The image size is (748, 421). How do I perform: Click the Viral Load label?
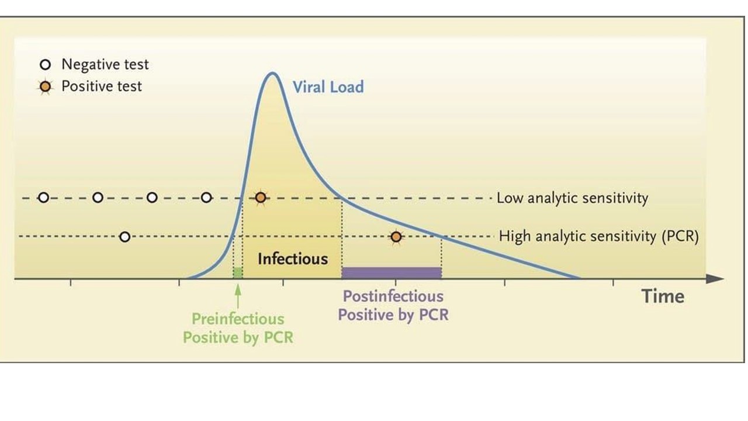pyautogui.click(x=328, y=87)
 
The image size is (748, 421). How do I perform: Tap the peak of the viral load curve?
pyautogui.click(x=272, y=73)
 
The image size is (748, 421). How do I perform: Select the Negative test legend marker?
pyautogui.click(x=46, y=64)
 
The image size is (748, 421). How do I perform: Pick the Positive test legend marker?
pyautogui.click(x=46, y=87)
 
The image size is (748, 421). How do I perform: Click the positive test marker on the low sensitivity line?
pyautogui.click(x=261, y=198)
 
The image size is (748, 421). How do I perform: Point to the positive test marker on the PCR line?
pyautogui.click(x=396, y=237)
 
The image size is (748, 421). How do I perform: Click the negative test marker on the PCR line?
pyautogui.click(x=125, y=237)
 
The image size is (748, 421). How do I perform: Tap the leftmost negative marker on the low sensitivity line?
pyautogui.click(x=43, y=198)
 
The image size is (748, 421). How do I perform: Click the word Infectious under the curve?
pyautogui.click(x=293, y=259)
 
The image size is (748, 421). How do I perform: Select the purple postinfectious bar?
pyautogui.click(x=392, y=272)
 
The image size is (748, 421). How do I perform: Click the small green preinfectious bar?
pyautogui.click(x=238, y=272)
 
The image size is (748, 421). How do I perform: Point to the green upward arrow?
pyautogui.click(x=238, y=296)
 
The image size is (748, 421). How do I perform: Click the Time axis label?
pyautogui.click(x=663, y=296)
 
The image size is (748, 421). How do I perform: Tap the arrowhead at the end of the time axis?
pyautogui.click(x=723, y=278)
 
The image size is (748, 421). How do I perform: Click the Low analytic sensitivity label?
pyautogui.click(x=572, y=198)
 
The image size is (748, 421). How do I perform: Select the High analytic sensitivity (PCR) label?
pyautogui.click(x=599, y=237)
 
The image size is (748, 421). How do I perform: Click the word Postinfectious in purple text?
pyautogui.click(x=393, y=296)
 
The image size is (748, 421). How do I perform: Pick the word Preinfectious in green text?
pyautogui.click(x=238, y=319)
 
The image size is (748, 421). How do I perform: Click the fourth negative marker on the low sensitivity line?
pyautogui.click(x=206, y=198)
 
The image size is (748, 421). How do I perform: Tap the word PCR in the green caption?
pyautogui.click(x=279, y=337)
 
